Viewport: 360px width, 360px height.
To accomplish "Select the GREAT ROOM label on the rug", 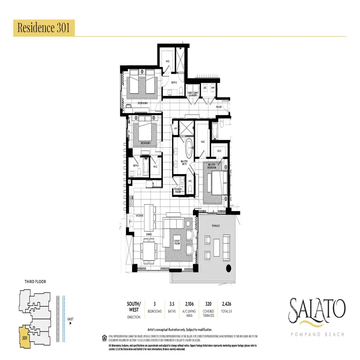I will click(177, 243).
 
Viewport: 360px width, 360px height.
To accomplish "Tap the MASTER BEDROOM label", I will click(213, 166).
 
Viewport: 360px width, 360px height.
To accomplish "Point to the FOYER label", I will click(219, 107).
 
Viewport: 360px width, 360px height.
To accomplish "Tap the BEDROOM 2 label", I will click(143, 103).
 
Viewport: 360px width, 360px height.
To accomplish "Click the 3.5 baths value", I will click(171, 305).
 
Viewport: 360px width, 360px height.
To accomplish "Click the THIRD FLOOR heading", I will click(35, 282).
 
